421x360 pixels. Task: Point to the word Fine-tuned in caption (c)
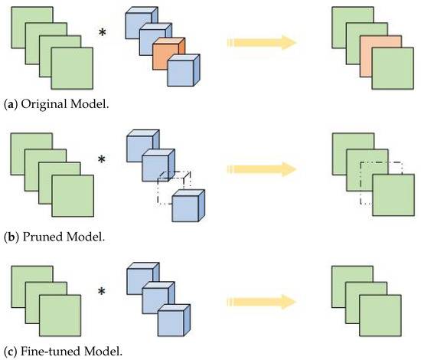[47, 352]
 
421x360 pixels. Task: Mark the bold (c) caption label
[9, 352]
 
